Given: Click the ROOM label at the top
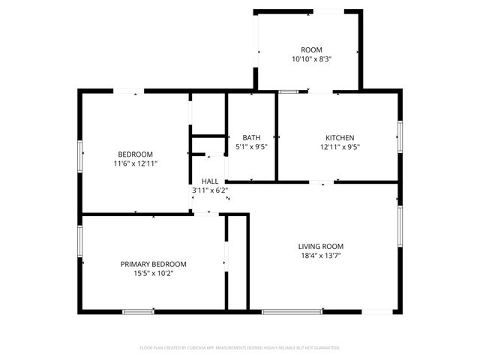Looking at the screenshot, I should pos(311,49).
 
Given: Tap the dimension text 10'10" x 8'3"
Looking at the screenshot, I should pos(311,58).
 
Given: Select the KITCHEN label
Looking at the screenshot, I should pos(340,137).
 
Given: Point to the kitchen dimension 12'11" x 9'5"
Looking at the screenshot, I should pos(340,147).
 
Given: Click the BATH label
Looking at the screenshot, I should pos(251,137).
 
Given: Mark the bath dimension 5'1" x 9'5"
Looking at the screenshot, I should pos(251,147).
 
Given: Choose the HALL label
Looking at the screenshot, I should pos(210,181).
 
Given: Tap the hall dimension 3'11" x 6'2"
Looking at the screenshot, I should pos(210,190).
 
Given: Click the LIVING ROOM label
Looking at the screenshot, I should pos(321,246).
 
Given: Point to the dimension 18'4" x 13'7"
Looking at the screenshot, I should pos(321,256).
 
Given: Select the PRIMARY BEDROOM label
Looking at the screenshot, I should pos(154,264).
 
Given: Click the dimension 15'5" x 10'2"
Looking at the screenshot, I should pos(154,274).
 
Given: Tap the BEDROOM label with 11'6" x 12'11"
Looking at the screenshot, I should pos(135,154).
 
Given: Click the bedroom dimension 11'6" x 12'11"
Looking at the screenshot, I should pos(135,163).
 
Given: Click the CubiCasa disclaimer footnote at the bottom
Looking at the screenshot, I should pos(240,348).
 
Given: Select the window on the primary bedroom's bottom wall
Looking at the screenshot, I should pos(139,311).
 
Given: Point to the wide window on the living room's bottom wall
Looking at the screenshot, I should pos(292,311).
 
